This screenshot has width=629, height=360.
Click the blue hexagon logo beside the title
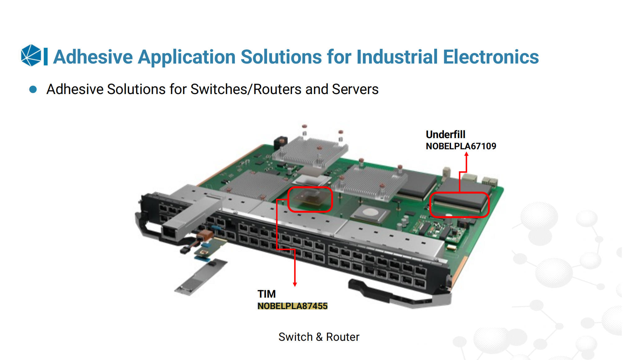[31, 55]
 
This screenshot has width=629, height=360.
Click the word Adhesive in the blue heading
[93, 57]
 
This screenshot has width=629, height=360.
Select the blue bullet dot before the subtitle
[33, 90]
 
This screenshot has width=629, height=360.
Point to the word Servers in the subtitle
[355, 89]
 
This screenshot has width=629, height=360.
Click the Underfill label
[445, 134]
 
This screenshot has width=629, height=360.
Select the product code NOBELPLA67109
[461, 146]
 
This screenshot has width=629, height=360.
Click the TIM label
[266, 294]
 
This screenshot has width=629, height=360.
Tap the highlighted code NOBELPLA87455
[292, 306]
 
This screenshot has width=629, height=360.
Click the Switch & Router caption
[319, 337]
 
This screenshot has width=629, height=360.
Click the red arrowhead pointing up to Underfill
[466, 154]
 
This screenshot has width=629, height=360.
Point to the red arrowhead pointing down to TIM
[295, 284]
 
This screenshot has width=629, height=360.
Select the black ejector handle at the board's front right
[400, 294]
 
